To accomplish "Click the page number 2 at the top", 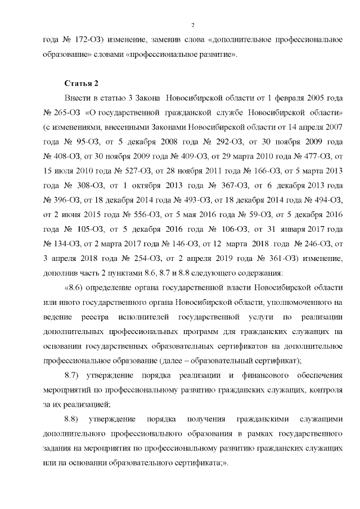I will click(x=192, y=25).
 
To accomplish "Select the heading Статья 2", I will click(x=82, y=84).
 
